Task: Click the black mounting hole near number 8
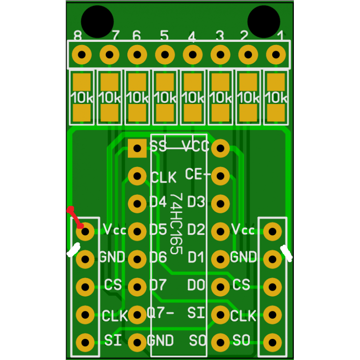(x=97, y=22)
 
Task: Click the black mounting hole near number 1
(x=264, y=22)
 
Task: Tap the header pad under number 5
(x=165, y=55)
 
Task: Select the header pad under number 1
(x=276, y=55)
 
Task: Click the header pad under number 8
(x=82, y=55)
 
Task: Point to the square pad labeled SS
(x=137, y=148)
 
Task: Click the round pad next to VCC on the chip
(x=220, y=148)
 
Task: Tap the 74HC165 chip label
(x=176, y=224)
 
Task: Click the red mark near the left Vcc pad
(x=75, y=217)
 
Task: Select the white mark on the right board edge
(x=287, y=253)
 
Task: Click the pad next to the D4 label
(x=137, y=204)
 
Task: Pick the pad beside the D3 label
(x=220, y=204)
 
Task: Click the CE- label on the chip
(x=198, y=174)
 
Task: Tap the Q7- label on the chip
(x=160, y=312)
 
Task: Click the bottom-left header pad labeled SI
(x=85, y=342)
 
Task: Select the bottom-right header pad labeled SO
(x=273, y=342)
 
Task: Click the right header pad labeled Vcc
(x=273, y=231)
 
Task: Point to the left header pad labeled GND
(x=85, y=259)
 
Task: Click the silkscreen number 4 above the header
(x=192, y=36)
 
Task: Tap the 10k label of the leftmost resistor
(x=82, y=98)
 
